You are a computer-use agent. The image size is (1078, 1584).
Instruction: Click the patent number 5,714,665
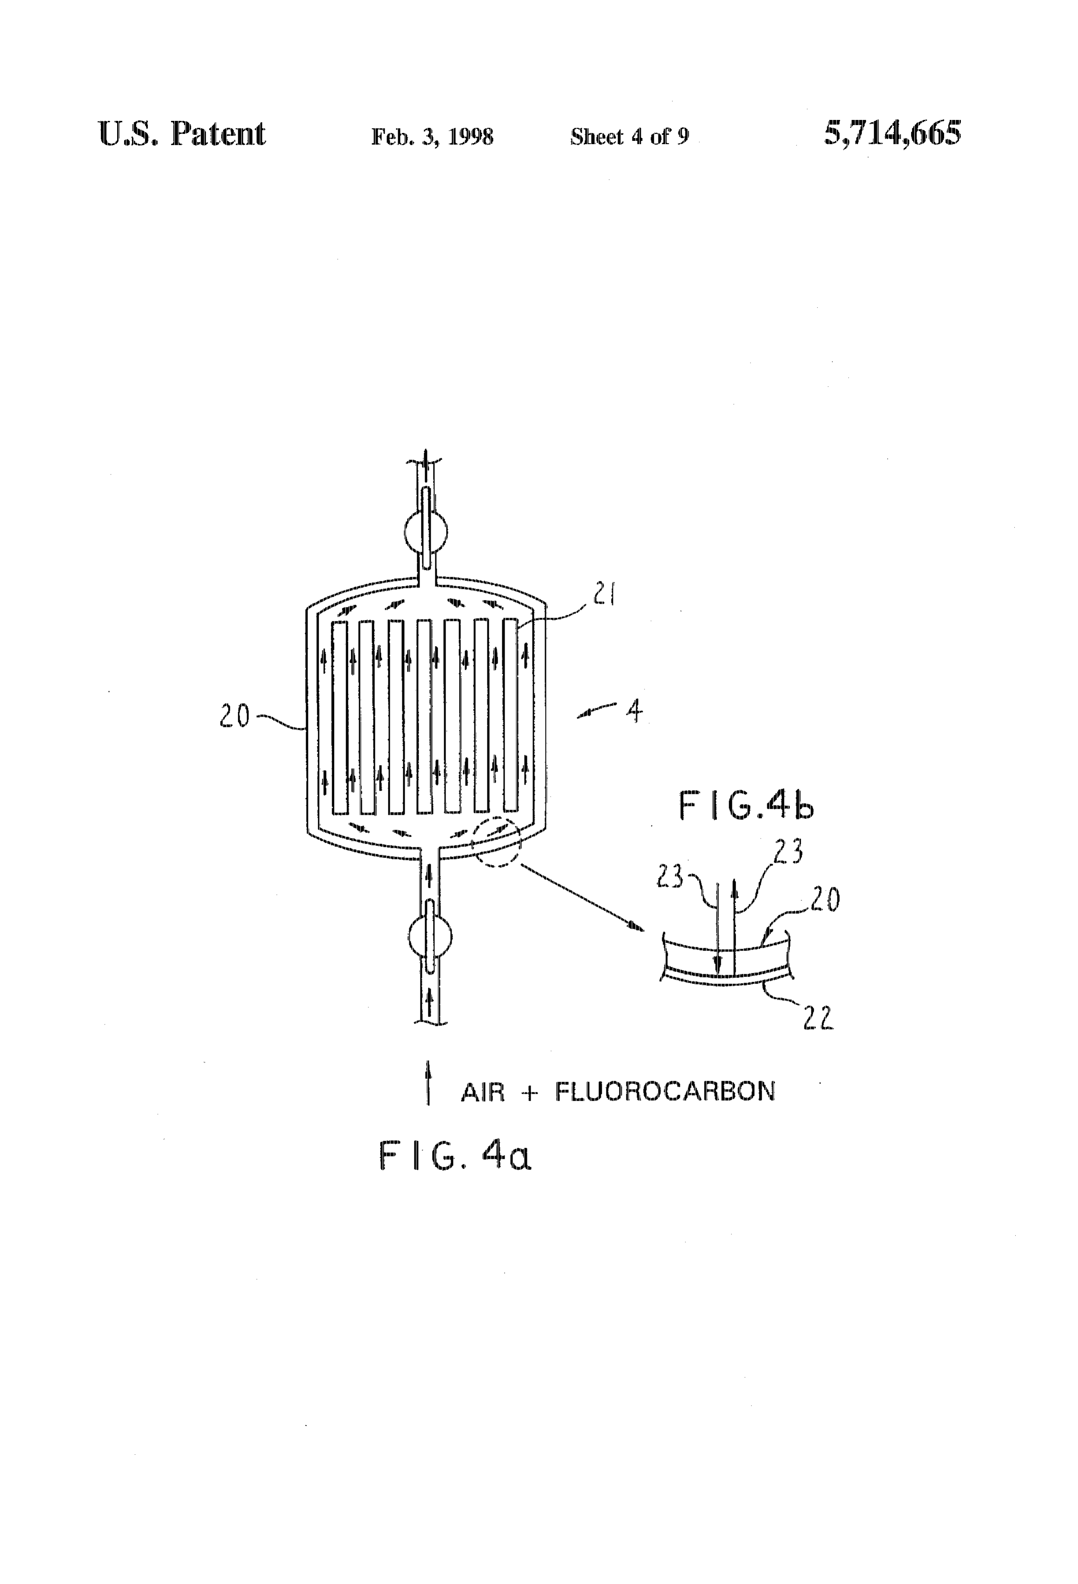892,133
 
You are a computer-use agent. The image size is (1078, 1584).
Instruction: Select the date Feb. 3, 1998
432,137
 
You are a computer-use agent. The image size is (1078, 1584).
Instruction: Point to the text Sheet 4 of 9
630,137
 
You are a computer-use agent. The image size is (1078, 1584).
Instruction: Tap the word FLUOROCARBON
665,1092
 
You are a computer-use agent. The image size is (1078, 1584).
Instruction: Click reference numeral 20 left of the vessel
234,717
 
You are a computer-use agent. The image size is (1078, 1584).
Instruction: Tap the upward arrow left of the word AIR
428,1082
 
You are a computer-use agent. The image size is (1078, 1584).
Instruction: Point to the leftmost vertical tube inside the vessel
339,717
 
